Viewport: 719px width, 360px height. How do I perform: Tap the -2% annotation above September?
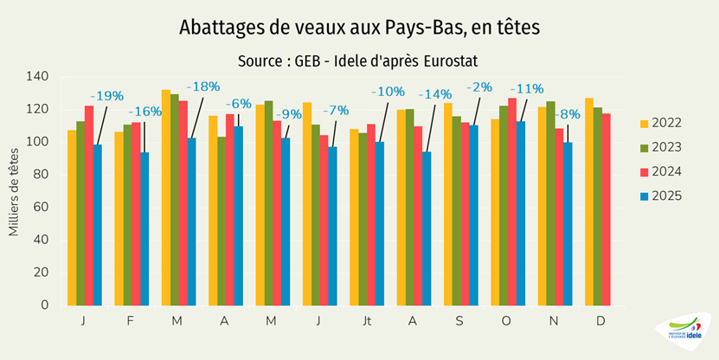[x=479, y=87]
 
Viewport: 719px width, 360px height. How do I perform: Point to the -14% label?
[x=435, y=94]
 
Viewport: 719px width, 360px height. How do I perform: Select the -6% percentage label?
[x=238, y=103]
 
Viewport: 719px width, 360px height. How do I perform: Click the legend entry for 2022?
[x=662, y=123]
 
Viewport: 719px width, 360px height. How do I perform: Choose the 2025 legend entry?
[x=662, y=196]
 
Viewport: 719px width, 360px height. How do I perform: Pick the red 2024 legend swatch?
[x=644, y=172]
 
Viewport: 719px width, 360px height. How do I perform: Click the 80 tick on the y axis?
[x=41, y=175]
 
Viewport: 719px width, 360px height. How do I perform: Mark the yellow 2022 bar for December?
[x=589, y=202]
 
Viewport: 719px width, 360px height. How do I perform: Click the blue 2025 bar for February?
[x=145, y=228]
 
